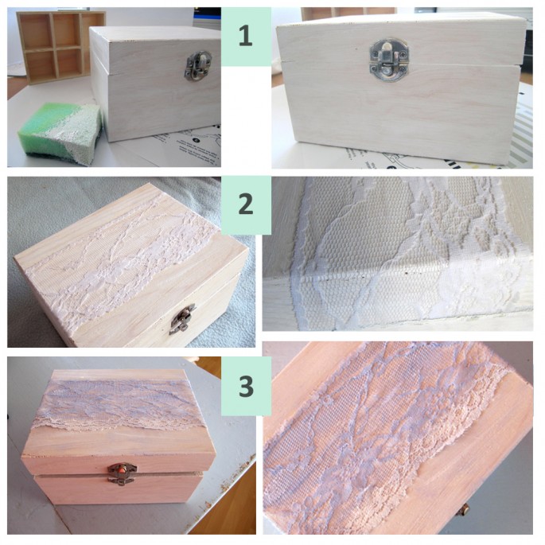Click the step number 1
245,37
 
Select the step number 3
246,386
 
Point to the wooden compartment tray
59,47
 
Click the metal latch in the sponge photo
198,66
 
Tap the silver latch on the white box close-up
389,57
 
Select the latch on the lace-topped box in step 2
182,319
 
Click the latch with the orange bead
122,473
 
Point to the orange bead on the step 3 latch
122,469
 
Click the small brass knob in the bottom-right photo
462,511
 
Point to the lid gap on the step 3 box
119,474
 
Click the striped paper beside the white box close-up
521,132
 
